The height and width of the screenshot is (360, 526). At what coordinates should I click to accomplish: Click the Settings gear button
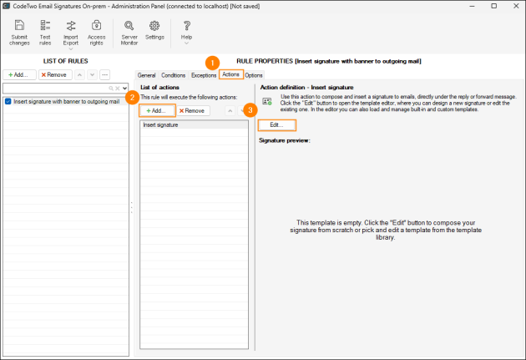[154, 30]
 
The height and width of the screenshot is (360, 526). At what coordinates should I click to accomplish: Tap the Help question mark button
[186, 31]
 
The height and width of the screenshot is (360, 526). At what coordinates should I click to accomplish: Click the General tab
[147, 75]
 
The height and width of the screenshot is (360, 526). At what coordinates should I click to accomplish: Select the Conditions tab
[174, 75]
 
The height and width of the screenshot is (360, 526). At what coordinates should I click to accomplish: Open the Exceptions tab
[204, 75]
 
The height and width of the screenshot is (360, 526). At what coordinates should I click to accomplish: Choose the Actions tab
[231, 75]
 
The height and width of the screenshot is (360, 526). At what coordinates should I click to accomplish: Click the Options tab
[254, 75]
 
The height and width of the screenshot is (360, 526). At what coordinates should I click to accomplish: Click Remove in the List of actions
[193, 110]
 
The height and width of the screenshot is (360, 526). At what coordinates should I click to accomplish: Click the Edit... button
[276, 124]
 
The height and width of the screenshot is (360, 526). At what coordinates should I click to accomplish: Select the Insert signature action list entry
[193, 124]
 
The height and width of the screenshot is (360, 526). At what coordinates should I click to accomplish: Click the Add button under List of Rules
[19, 74]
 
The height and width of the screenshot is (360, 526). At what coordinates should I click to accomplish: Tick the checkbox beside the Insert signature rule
[8, 101]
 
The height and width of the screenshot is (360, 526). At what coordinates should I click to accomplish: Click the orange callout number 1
[212, 62]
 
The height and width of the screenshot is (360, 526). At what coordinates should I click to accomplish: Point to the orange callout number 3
[250, 110]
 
